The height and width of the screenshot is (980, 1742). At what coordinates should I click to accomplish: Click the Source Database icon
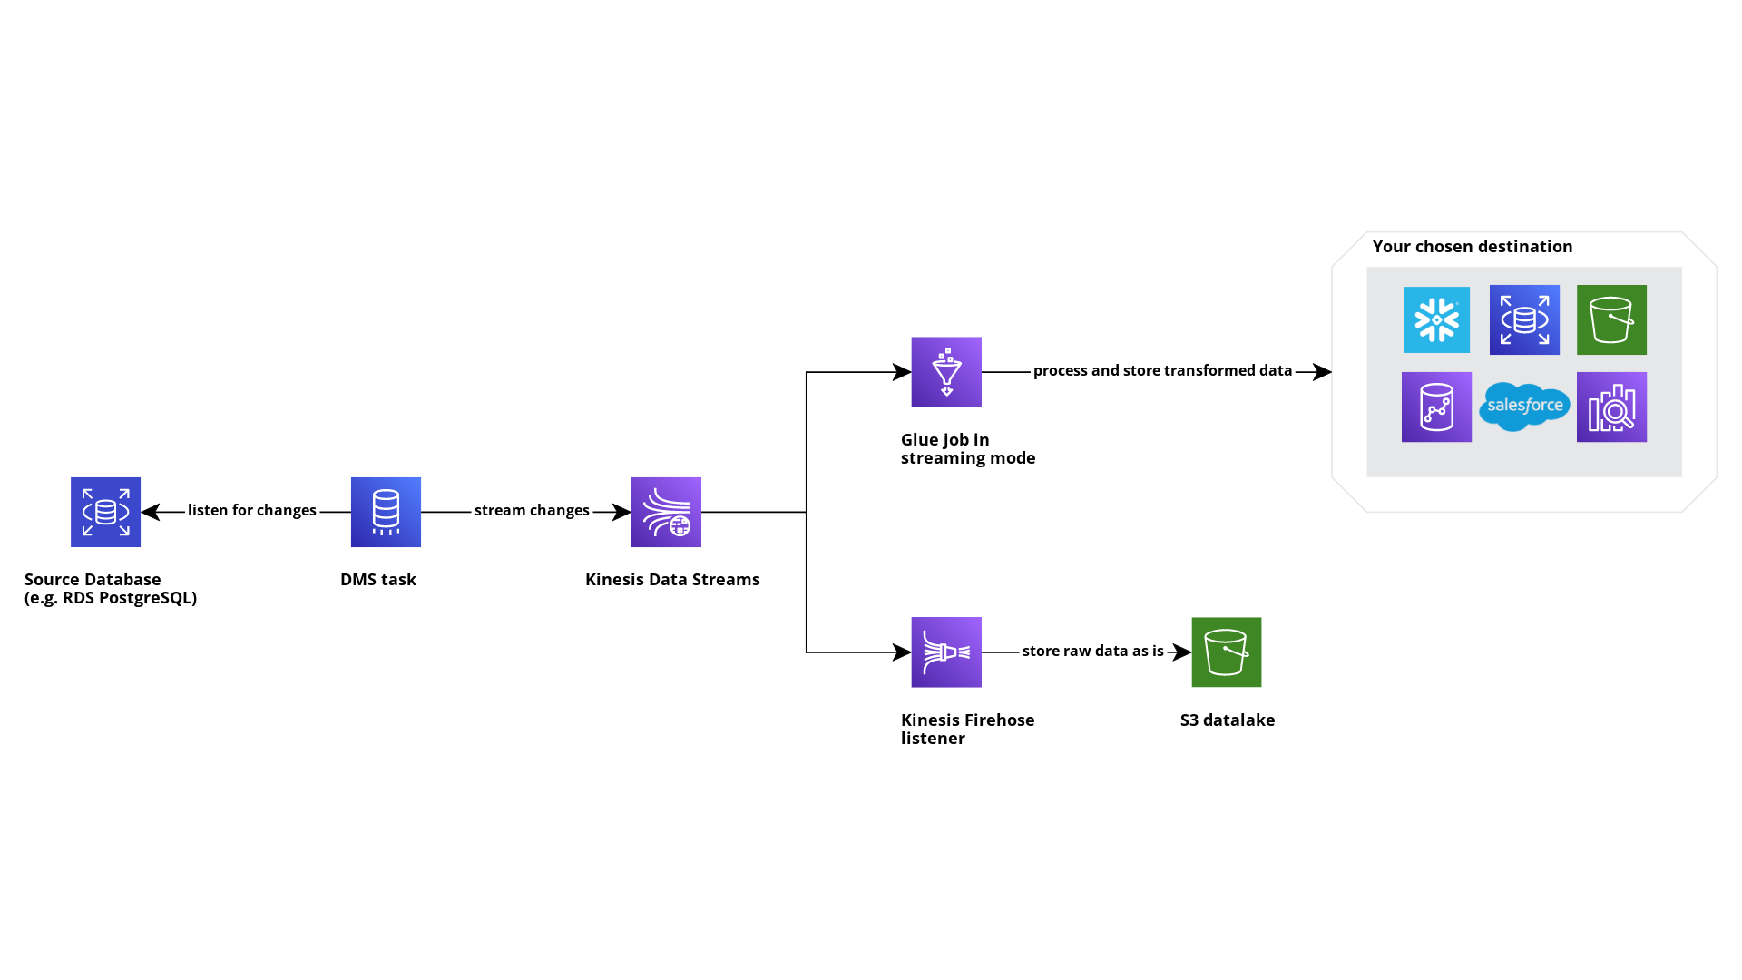coord(105,512)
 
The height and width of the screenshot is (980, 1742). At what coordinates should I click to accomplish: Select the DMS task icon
coord(386,512)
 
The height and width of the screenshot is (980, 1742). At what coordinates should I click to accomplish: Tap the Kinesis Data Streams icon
coord(666,512)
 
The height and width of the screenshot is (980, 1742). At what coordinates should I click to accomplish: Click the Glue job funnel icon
coord(946,372)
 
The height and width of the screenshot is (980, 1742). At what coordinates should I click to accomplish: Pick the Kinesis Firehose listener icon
coord(946,652)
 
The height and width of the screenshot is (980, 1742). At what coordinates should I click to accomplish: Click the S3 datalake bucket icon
coord(1226,652)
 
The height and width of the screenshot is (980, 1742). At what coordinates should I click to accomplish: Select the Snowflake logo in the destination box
coord(1436,319)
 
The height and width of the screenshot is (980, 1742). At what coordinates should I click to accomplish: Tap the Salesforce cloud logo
coord(1524,407)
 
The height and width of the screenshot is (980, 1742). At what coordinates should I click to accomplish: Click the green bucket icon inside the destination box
coord(1611,319)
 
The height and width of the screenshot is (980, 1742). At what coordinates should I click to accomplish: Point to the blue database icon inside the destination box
coord(1524,319)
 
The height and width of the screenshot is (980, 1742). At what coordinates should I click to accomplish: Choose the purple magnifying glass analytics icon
coord(1611,407)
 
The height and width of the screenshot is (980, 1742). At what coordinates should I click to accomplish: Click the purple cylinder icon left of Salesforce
coord(1436,407)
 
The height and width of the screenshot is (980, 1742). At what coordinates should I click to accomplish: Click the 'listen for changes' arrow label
coord(251,510)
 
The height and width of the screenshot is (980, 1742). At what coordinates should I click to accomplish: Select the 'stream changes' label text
coord(532,510)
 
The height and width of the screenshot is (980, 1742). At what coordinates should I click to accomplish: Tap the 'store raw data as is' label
coord(1092,651)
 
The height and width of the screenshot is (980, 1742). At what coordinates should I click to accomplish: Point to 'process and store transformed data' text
coord(1162,370)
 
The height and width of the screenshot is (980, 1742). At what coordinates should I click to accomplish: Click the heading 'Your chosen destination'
coord(1472,246)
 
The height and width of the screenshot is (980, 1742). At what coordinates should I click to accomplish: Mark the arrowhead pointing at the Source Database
coord(149,512)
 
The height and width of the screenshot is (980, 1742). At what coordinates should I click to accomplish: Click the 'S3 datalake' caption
coord(1227,720)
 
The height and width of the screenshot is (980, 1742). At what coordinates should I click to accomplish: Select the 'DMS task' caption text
coord(377,579)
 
